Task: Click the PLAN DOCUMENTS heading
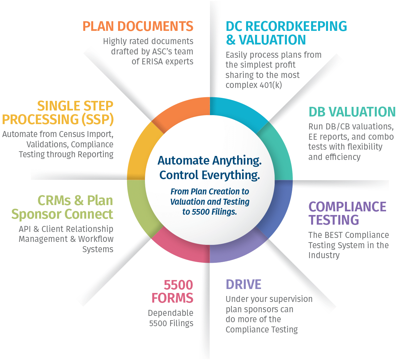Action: point(138,26)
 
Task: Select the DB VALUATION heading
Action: point(352,112)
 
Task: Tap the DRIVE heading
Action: point(243,284)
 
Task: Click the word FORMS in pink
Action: point(172,298)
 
